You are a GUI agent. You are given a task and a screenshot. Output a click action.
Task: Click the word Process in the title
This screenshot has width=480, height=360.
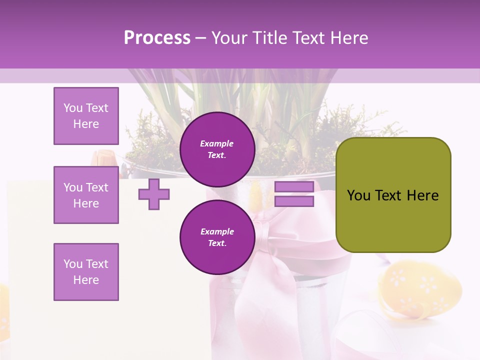157,38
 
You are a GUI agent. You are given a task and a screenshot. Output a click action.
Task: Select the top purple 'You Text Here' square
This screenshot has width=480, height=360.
86,116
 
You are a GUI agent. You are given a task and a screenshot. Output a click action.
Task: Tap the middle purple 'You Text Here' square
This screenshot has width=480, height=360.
86,195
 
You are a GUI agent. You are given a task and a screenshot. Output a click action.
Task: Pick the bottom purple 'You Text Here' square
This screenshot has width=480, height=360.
86,272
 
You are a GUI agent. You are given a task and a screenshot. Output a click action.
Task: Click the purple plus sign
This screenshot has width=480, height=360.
153,194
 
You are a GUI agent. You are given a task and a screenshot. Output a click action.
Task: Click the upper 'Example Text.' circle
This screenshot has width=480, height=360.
217,149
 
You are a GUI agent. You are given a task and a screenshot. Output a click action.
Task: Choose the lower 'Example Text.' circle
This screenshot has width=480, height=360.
217,237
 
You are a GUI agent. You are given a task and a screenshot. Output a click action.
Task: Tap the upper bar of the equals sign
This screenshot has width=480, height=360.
294,186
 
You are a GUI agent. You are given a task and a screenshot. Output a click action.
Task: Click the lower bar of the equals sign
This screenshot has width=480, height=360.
294,201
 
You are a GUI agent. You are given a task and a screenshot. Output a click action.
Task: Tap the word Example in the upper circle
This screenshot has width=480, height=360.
217,143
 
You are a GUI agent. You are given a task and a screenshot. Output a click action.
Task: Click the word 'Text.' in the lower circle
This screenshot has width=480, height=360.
217,243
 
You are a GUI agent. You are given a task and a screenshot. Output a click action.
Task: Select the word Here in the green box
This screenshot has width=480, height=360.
422,195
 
